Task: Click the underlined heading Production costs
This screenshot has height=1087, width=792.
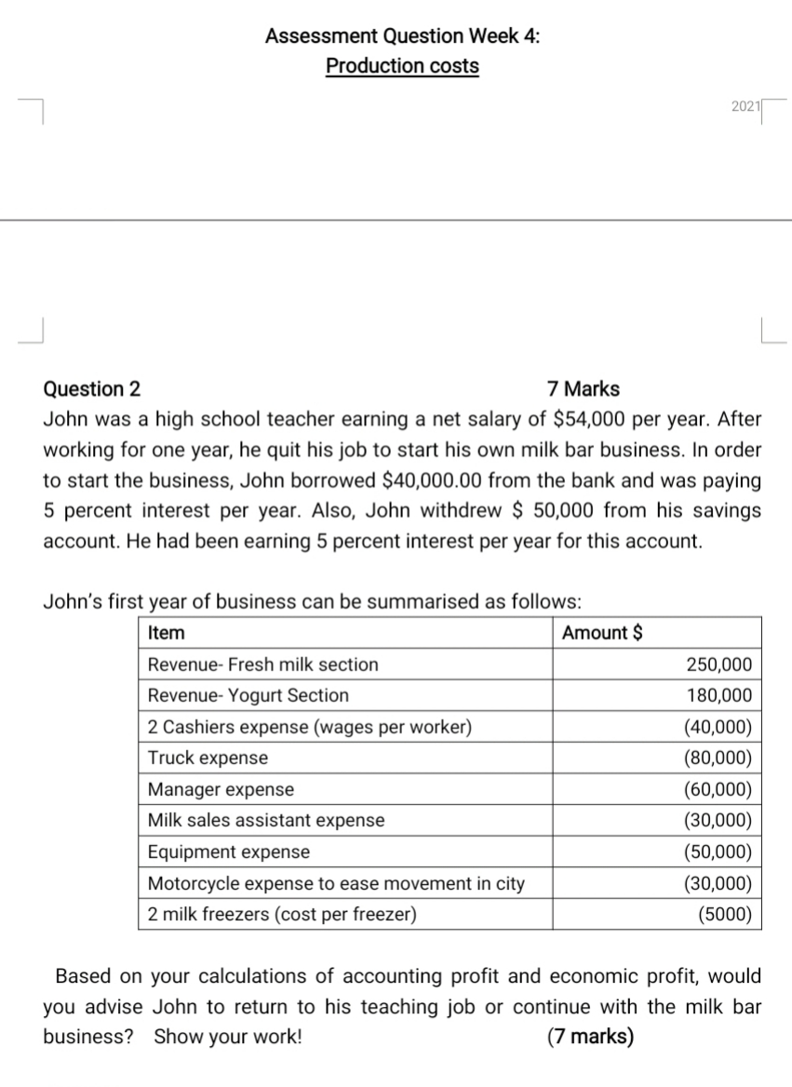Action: coord(402,66)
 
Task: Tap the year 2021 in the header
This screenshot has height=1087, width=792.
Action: coord(745,108)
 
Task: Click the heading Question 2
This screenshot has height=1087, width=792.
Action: coord(93,389)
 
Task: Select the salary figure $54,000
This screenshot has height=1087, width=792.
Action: coord(592,419)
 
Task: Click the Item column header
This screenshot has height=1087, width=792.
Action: coord(167,633)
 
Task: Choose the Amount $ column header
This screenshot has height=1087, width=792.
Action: coord(602,633)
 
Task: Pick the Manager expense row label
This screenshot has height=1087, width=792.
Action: coord(221,789)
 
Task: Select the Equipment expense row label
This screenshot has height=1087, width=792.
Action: coord(229,852)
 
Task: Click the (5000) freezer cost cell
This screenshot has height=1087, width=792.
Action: coord(724,914)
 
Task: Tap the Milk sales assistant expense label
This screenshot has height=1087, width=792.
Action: coord(266,820)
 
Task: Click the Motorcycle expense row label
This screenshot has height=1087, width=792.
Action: coord(336,883)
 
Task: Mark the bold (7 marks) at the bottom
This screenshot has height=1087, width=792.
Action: coord(590,1036)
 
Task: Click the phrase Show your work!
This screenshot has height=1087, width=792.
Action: coord(228,1036)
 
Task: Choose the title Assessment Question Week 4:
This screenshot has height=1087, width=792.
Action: coord(402,36)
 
